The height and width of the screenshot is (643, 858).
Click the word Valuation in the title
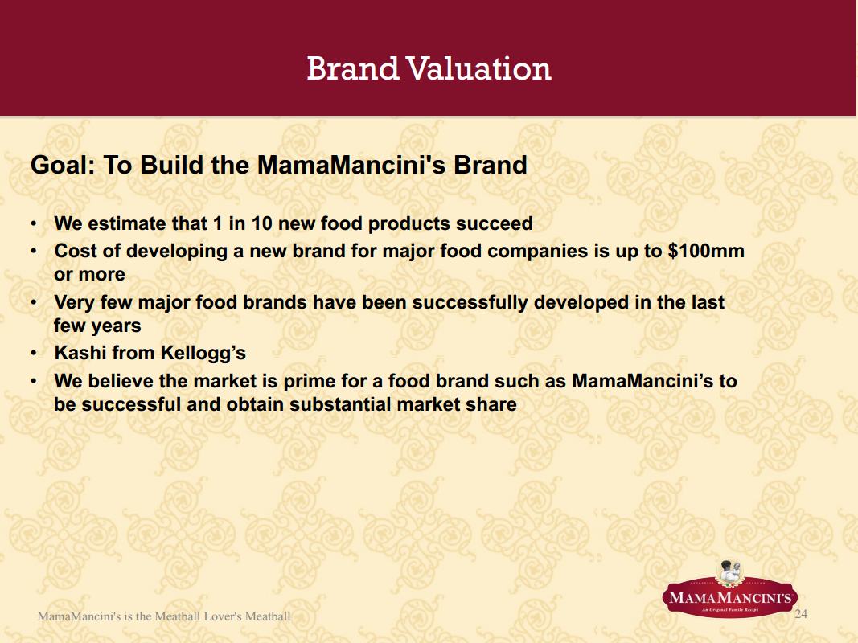tap(478, 69)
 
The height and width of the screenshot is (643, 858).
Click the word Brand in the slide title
tap(352, 69)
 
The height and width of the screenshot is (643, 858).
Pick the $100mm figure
tap(706, 251)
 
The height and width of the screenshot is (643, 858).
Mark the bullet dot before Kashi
tap(34, 353)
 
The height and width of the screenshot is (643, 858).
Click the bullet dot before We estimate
tap(34, 223)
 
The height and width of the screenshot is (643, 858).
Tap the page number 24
tap(801, 614)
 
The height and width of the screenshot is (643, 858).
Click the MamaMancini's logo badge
tap(730, 591)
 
